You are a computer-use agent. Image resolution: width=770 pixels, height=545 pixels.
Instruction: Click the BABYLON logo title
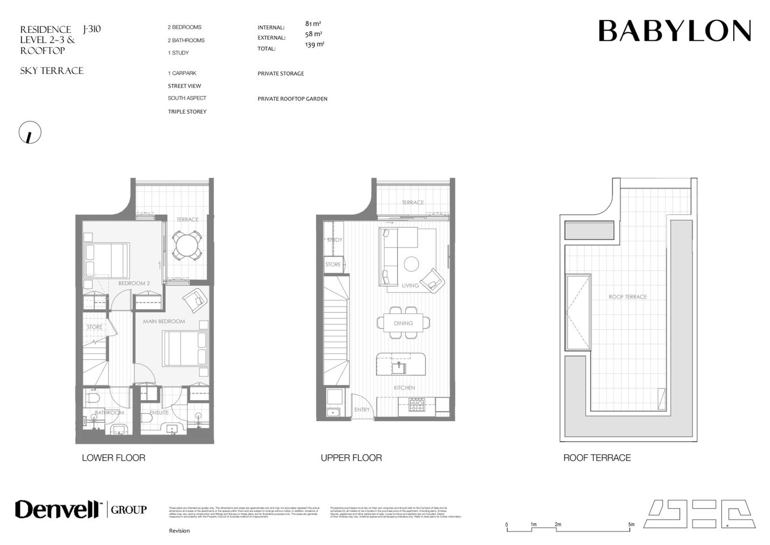point(674,31)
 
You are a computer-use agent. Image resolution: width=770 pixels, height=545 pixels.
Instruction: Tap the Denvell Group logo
point(81,509)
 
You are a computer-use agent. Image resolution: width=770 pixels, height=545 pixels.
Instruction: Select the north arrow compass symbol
point(30,132)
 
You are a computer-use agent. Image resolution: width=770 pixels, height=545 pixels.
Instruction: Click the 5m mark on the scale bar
point(631,525)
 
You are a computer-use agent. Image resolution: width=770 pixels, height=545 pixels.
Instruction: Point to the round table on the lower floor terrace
point(187,245)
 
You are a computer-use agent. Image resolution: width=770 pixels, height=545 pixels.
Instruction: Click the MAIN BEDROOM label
point(164,321)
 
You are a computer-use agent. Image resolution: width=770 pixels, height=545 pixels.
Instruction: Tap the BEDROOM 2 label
point(134,283)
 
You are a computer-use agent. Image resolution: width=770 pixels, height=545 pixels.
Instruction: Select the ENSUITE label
point(159,413)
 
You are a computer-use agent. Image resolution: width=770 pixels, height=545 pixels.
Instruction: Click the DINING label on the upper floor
point(403,323)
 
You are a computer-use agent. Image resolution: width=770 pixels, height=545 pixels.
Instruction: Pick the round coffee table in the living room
point(411,264)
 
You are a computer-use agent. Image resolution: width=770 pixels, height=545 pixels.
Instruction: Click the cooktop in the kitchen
point(417,405)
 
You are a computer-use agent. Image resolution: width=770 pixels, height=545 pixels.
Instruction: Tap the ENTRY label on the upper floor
point(361,409)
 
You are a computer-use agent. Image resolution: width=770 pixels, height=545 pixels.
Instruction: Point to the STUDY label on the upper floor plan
point(334,240)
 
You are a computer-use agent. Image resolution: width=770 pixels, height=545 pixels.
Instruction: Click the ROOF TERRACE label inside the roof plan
point(628,297)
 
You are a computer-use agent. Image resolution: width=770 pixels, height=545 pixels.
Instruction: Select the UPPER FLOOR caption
point(351,458)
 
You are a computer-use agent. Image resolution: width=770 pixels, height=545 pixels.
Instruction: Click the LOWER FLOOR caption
point(113,458)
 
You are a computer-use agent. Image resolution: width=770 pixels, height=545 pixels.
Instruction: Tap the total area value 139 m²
point(314,44)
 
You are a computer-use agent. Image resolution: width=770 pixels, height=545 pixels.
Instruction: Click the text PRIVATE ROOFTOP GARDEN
point(292,99)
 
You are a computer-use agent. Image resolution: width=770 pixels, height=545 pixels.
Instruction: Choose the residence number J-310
point(91,29)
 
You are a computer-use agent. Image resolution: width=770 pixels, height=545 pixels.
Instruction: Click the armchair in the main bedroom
point(196,299)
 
